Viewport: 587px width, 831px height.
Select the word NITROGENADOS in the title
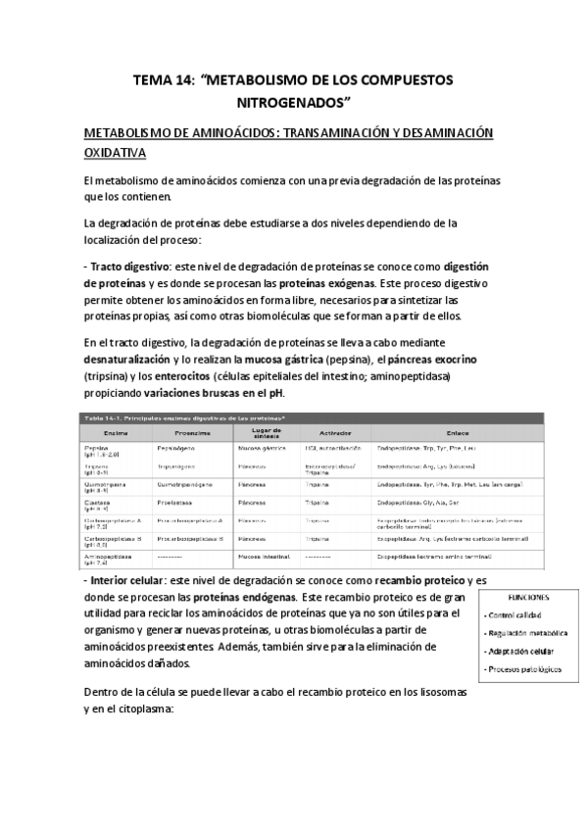click(x=293, y=102)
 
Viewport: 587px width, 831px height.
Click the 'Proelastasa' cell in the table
click(x=175, y=502)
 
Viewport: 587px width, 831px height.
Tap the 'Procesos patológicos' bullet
click(x=524, y=669)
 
